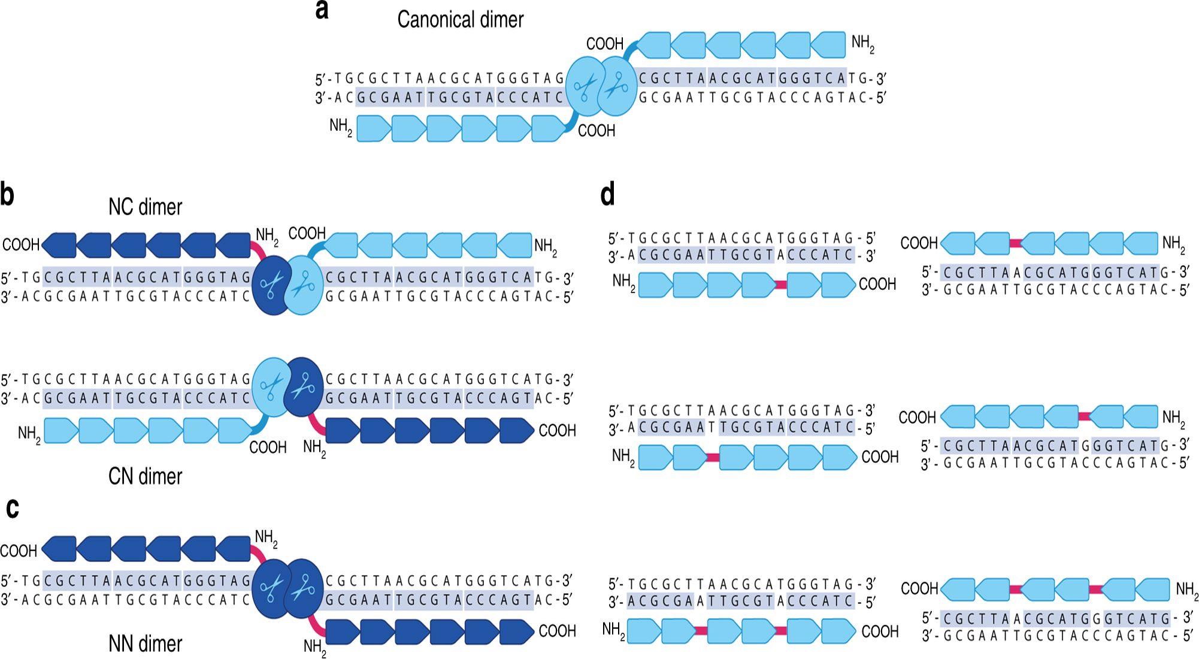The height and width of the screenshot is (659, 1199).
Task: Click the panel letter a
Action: click(322, 10)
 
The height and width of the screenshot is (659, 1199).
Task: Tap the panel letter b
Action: click(7, 195)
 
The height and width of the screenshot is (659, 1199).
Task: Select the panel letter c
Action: click(13, 508)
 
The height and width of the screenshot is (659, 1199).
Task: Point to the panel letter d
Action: click(607, 195)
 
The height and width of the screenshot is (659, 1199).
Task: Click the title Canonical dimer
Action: click(460, 20)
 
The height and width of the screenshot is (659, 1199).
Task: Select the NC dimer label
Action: click(145, 207)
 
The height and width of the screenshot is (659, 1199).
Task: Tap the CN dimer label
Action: click(145, 477)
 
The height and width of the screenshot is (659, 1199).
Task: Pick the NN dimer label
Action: click(145, 644)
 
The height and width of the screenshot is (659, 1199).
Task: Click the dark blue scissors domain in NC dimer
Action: click(271, 285)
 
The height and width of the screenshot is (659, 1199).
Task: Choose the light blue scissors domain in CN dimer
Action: click(271, 387)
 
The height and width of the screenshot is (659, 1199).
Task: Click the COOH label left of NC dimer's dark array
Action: click(21, 245)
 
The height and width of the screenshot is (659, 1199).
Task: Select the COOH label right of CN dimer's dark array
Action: click(557, 431)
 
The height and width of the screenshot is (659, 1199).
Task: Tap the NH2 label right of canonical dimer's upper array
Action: click(862, 44)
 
